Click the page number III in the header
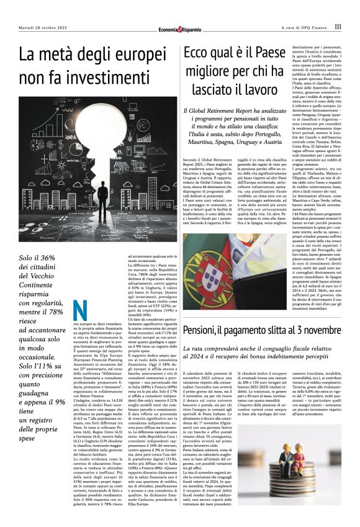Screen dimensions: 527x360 (x=338, y=27)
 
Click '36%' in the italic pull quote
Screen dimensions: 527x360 (x=48, y=240)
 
